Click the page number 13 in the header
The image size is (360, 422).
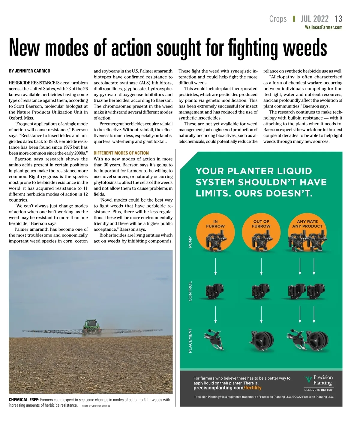tap(338, 19)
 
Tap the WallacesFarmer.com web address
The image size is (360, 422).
tap(323, 27)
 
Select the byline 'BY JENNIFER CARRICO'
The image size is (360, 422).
tap(29, 71)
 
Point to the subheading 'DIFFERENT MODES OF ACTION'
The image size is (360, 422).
tap(121, 153)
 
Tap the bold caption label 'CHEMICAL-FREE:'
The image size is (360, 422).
tap(24, 400)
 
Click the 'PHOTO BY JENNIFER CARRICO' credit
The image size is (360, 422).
tap(96, 406)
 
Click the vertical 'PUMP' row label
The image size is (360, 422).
tap(190, 242)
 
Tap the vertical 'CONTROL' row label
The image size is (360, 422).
tap(190, 291)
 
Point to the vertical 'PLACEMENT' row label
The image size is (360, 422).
tap(190, 340)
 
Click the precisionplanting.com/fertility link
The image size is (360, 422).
tap(227, 388)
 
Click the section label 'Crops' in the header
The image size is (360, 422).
tap(278, 19)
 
